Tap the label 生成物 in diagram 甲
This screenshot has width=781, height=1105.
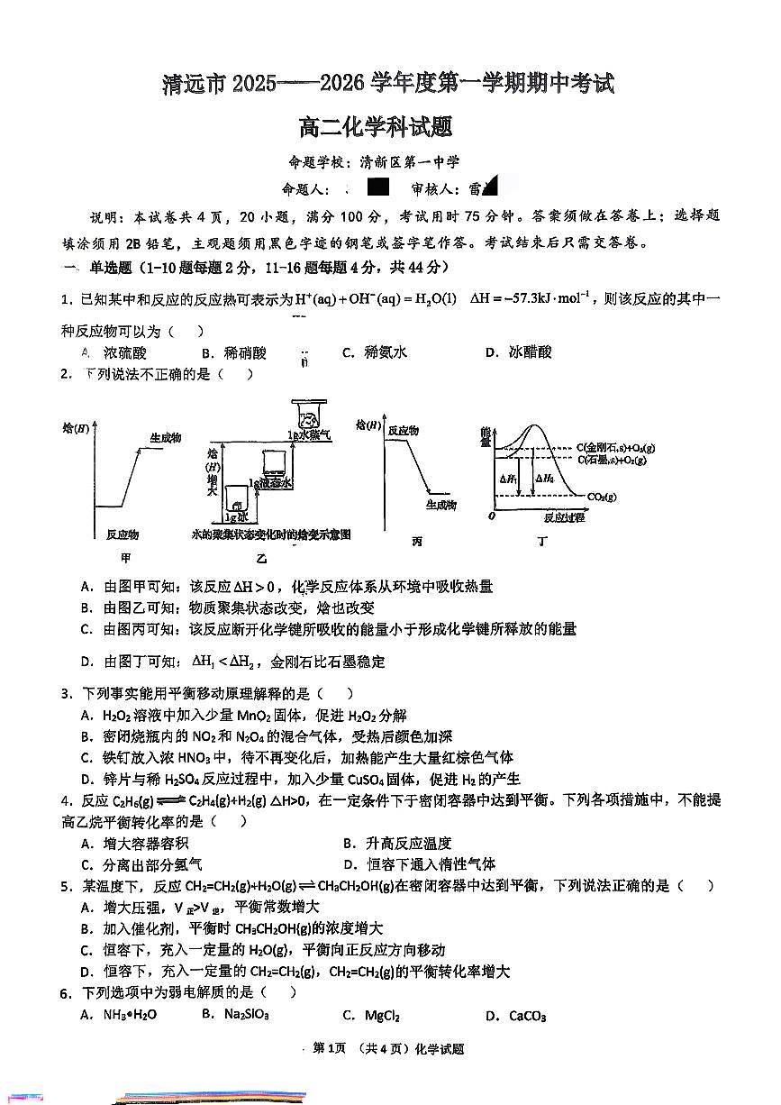164,437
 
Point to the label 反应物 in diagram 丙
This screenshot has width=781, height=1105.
403,431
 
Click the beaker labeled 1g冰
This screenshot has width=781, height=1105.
238,499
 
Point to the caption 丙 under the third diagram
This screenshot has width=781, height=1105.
416,542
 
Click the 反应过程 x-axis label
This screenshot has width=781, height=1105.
565,517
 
